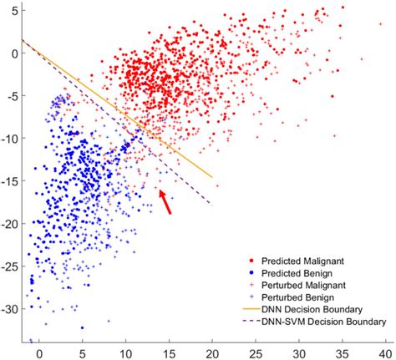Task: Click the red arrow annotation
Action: point(165,201)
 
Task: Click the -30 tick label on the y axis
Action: point(10,309)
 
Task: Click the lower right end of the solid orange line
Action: point(212,177)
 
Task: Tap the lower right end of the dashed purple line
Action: point(211,205)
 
